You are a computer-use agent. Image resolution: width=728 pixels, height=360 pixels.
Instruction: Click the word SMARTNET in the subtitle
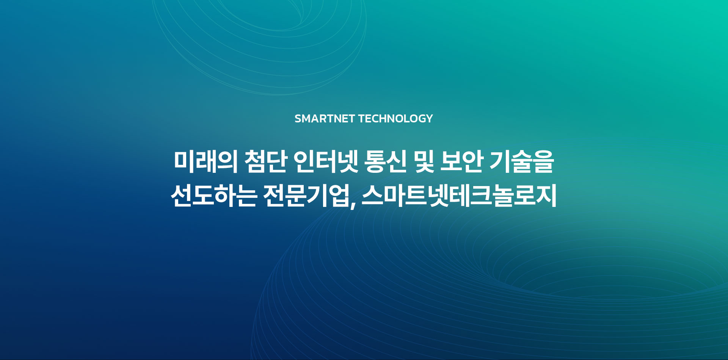pyautogui.click(x=325, y=119)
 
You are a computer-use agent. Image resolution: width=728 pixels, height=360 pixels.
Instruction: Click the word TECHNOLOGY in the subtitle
pyautogui.click(x=395, y=119)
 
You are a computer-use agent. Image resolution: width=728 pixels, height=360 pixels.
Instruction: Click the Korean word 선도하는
pyautogui.click(x=214, y=196)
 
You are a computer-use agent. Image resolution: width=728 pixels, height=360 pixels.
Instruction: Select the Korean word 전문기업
pyautogui.click(x=306, y=196)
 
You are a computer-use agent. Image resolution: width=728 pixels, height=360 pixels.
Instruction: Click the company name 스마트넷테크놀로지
pyautogui.click(x=459, y=196)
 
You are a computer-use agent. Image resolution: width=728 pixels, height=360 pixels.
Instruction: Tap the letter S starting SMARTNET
pyautogui.click(x=298, y=119)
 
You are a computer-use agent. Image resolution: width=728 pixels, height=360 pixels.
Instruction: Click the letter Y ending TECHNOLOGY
pyautogui.click(x=429, y=119)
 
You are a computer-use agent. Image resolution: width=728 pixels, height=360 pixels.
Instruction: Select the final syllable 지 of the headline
pyautogui.click(x=546, y=196)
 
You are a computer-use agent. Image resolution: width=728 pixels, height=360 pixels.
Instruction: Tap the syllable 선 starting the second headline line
pyautogui.click(x=182, y=196)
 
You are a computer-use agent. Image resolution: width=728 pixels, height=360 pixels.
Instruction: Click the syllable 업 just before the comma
pyautogui.click(x=339, y=196)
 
